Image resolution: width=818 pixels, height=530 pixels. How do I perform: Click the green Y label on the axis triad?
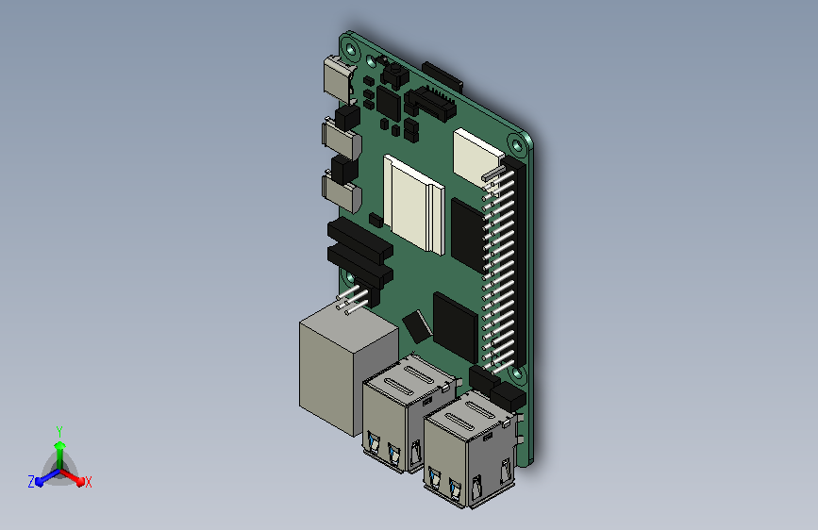[x=59, y=431]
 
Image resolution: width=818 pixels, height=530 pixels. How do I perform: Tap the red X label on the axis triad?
[x=88, y=482]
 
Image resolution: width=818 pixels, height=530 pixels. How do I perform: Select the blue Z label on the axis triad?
[x=31, y=482]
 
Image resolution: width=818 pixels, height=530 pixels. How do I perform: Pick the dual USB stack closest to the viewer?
[x=470, y=450]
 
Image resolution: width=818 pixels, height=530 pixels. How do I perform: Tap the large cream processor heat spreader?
[x=413, y=204]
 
